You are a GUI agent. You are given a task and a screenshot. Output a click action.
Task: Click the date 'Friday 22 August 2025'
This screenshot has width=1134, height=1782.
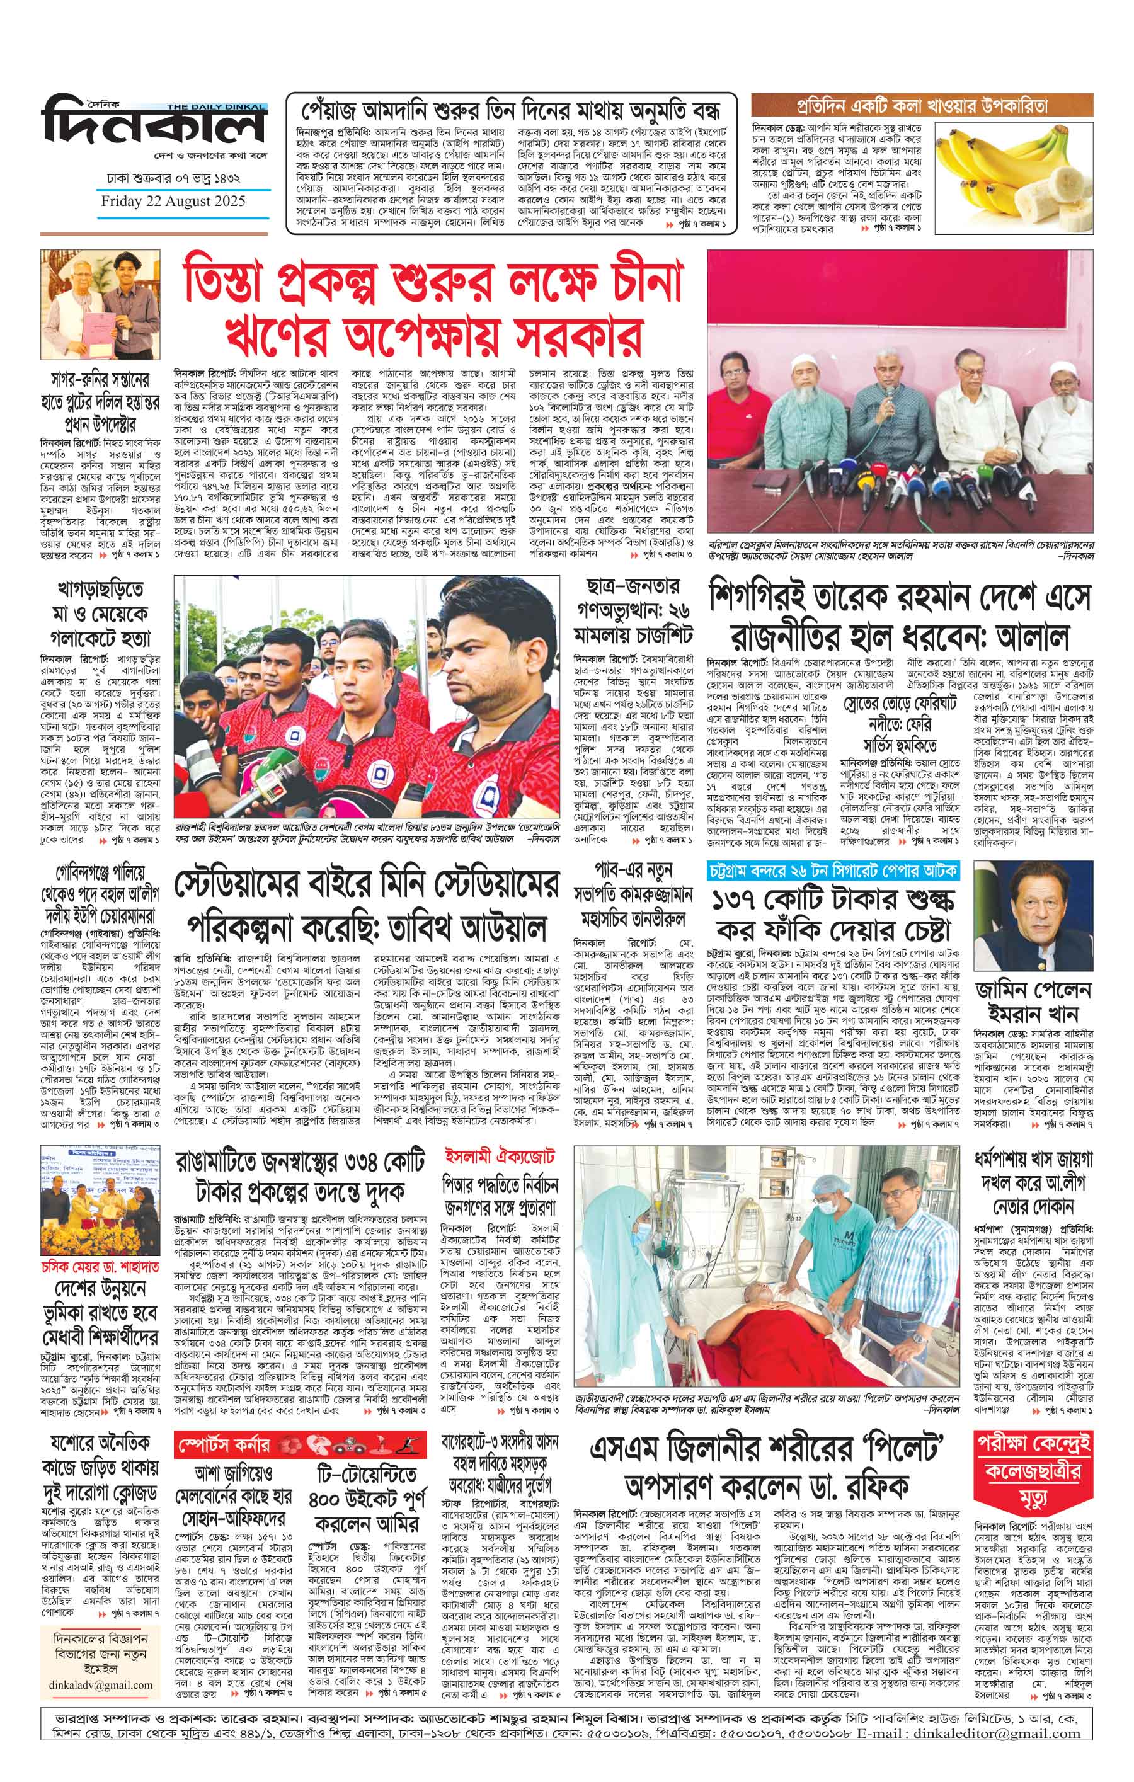point(173,200)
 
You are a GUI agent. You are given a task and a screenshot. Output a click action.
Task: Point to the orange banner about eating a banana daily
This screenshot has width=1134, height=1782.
point(922,105)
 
